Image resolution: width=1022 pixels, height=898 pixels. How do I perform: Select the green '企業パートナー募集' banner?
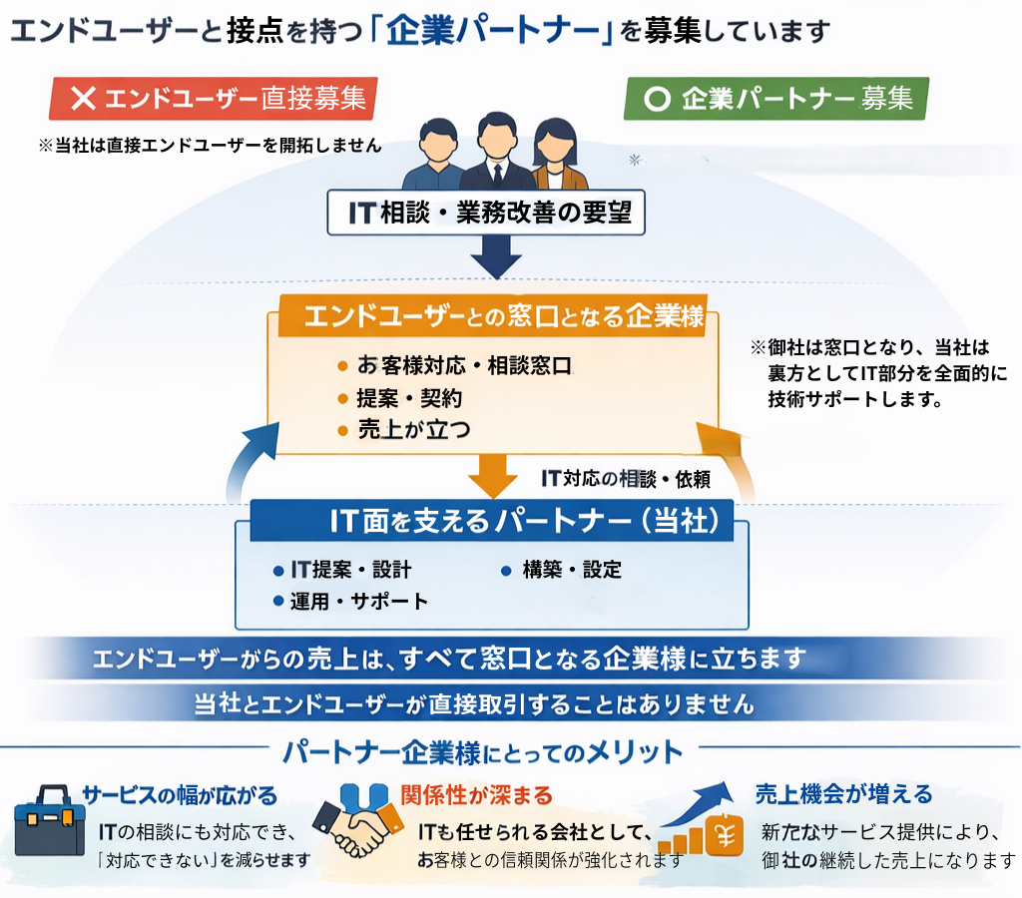point(776,99)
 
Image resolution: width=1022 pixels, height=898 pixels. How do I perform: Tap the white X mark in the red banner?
point(84,99)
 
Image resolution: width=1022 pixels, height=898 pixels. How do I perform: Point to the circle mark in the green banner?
point(656,100)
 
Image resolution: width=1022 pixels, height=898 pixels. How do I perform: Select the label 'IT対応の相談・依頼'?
point(625,479)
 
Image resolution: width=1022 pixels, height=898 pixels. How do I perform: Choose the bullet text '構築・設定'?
point(572,571)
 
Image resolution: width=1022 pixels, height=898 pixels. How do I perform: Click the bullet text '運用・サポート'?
point(358,601)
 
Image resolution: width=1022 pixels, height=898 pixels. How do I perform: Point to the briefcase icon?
point(50,820)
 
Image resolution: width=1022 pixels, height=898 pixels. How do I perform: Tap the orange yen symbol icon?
point(726,836)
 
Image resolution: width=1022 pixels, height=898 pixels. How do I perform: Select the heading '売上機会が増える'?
point(843,794)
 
